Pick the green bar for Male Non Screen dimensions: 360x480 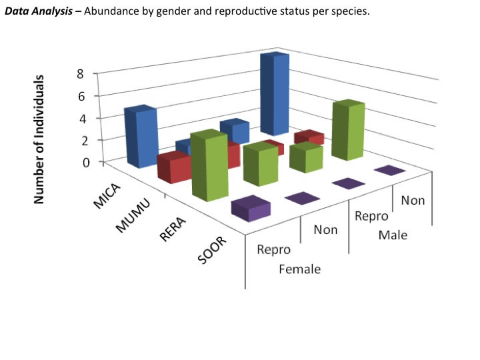[x=349, y=131]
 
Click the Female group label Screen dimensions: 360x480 [x=299, y=269]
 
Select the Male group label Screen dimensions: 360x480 [x=393, y=235]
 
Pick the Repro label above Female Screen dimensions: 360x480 [x=274, y=250]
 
